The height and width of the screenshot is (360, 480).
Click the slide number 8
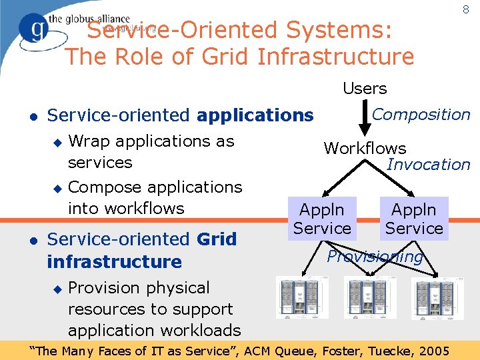[465, 10]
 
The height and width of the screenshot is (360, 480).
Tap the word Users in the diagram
[365, 88]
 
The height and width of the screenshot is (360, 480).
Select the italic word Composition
[421, 115]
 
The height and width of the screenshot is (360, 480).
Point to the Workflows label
[365, 148]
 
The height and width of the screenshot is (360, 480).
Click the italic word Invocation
[428, 164]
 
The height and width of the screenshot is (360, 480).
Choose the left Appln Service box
[322, 219]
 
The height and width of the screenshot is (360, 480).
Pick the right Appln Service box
[413, 219]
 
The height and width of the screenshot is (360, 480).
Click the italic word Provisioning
[375, 257]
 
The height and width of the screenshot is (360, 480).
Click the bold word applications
[255, 115]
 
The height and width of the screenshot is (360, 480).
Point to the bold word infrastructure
[114, 261]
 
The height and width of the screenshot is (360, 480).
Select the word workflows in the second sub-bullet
[145, 208]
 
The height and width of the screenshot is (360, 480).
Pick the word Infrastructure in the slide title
[335, 57]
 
